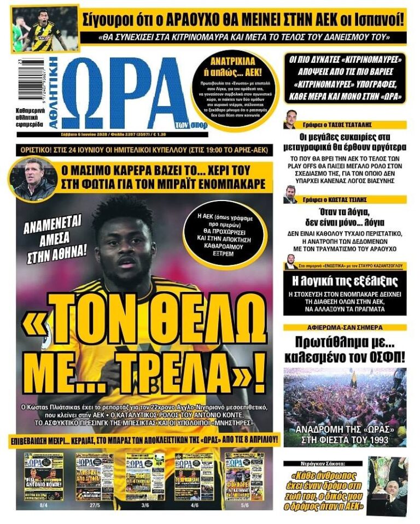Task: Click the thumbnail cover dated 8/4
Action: (x=44, y=476)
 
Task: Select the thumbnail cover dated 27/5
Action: (x=95, y=476)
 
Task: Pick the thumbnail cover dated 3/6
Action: (x=145, y=476)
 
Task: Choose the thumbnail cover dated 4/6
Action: (x=194, y=476)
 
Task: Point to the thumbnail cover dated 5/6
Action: (x=244, y=476)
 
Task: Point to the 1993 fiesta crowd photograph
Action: (x=345, y=407)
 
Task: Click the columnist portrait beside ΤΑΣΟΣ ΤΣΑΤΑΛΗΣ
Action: (x=290, y=120)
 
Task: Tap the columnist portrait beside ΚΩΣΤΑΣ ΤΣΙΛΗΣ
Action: (x=290, y=195)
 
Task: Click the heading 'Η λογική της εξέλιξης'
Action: (x=345, y=281)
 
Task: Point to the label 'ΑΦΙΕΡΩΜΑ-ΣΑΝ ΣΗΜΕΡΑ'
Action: (x=345, y=328)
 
